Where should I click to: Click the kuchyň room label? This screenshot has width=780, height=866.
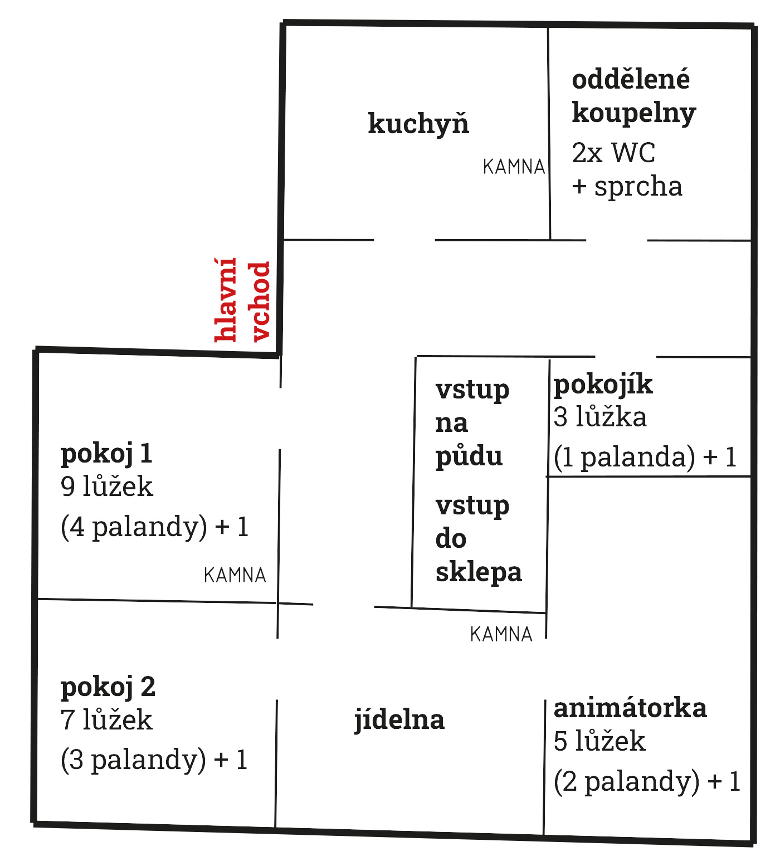tap(418, 124)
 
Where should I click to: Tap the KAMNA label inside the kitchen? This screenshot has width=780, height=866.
tap(514, 167)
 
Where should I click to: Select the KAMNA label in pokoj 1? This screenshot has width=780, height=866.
tap(235, 575)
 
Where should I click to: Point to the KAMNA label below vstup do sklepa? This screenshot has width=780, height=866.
tap(501, 634)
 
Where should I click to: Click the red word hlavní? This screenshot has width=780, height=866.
tap(226, 299)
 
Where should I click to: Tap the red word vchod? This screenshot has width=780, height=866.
tap(260, 301)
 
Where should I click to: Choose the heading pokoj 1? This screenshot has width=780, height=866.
tap(106, 454)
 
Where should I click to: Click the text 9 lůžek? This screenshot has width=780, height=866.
tap(106, 486)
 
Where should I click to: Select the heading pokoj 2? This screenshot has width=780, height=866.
tap(108, 687)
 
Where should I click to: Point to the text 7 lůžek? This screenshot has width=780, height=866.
tap(106, 719)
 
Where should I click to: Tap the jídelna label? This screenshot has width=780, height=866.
tap(399, 719)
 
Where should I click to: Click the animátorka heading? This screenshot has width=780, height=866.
tap(630, 708)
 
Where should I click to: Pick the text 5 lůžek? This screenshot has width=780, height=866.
tap(599, 741)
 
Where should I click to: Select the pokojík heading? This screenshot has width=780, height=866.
tap(603, 385)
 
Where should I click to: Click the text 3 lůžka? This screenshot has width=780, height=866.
tap(600, 417)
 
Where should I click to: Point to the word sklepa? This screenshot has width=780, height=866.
tap(479, 573)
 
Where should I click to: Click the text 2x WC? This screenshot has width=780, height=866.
tap(613, 153)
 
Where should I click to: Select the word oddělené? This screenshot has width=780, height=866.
tap(631, 79)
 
